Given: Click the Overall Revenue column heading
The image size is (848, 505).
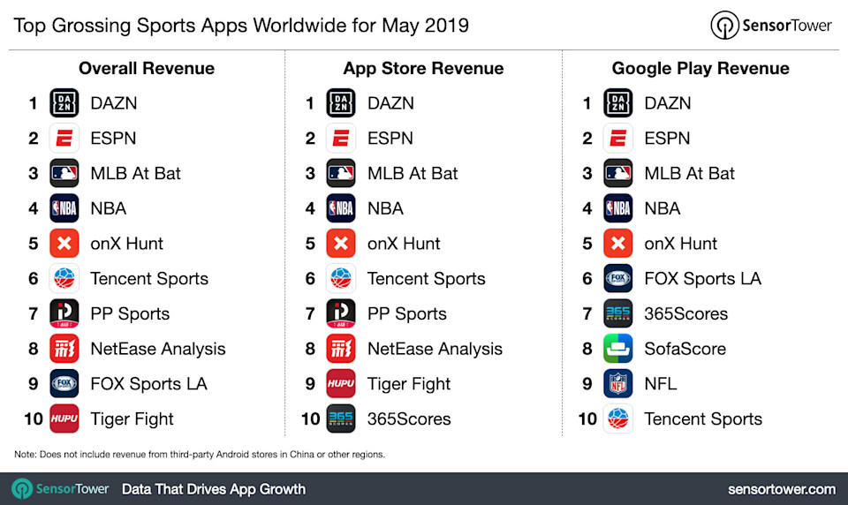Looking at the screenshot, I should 147,69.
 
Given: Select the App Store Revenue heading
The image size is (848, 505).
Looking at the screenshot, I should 423,69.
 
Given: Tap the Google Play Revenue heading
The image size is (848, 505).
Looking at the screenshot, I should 700,69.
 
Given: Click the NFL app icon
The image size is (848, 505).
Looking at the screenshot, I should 618,384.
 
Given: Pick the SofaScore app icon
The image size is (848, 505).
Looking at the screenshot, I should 618,349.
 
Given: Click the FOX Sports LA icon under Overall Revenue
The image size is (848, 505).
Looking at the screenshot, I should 64,384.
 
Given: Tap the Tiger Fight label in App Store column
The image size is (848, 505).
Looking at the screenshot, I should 409,384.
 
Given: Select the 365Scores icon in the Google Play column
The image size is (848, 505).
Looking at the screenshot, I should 618,313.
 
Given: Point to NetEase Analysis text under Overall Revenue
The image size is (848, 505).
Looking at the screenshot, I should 158,349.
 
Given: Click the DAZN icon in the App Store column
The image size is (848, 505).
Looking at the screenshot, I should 341,103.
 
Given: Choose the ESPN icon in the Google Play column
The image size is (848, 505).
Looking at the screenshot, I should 618,139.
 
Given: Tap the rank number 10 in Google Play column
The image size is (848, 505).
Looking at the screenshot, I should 587,419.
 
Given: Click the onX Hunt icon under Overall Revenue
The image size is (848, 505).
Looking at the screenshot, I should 64,244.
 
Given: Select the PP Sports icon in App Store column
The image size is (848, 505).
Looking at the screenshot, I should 341,313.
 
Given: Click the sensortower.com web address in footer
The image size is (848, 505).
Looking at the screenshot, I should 782,489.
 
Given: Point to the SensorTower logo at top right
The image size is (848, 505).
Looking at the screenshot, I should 771,26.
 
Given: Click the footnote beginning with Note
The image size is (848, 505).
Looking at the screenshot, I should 200,455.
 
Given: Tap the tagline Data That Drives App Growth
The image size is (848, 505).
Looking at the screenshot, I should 214,489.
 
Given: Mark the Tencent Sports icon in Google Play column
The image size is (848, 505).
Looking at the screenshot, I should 618,419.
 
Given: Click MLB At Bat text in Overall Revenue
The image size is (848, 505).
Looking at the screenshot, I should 135,174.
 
